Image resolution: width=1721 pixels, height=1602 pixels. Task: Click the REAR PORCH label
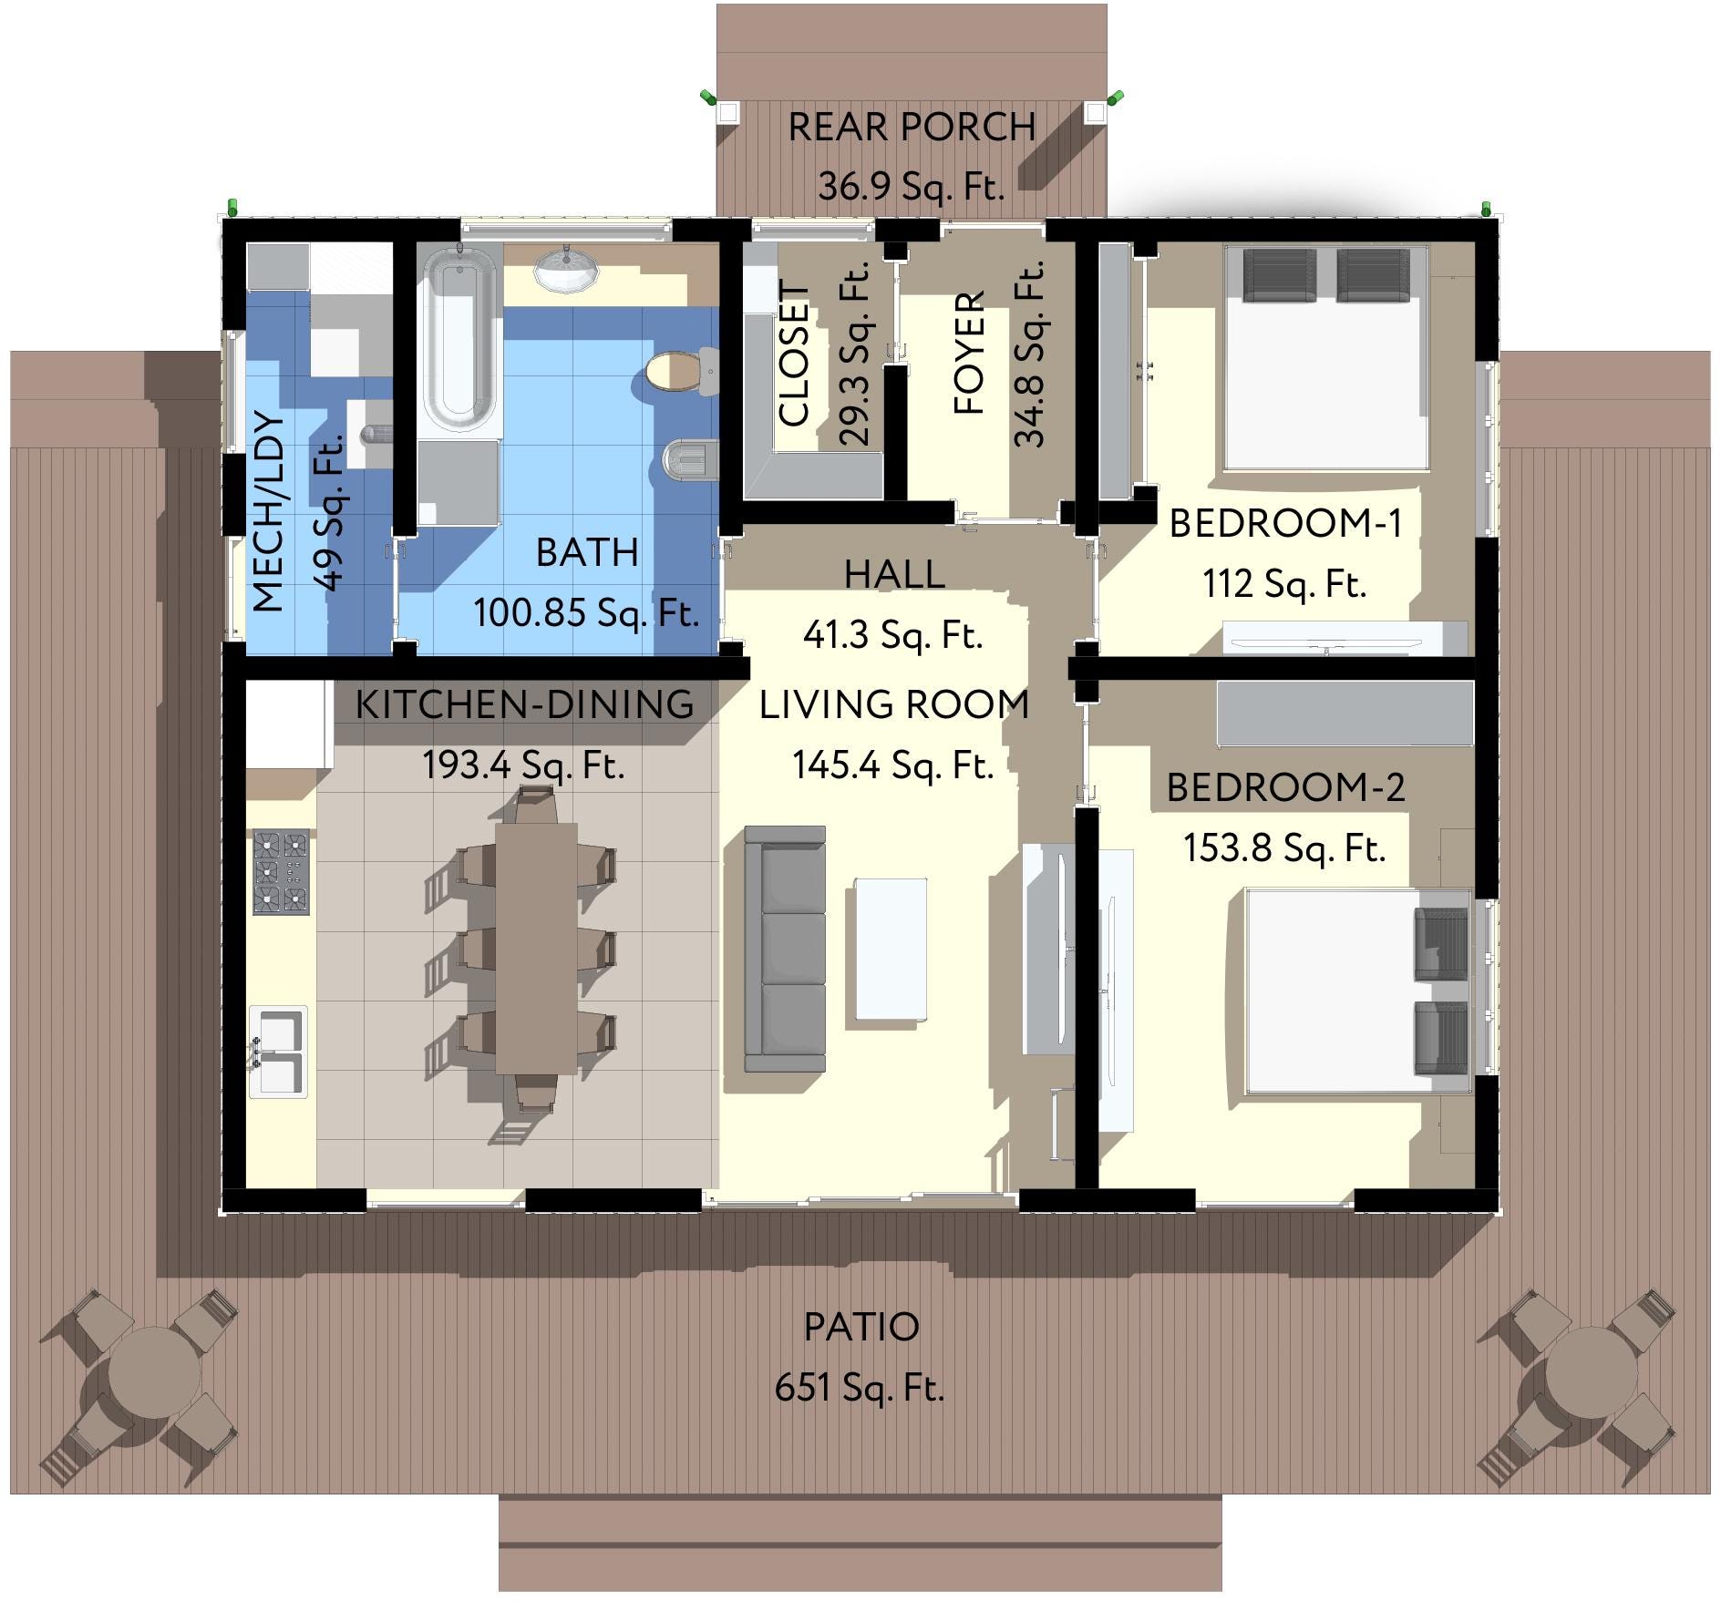911,127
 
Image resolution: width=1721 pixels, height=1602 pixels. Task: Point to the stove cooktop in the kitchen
281,872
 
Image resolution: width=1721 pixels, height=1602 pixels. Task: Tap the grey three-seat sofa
786,949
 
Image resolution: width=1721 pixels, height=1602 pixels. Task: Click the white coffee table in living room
891,949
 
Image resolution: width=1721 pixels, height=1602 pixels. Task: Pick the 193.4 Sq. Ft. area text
523,765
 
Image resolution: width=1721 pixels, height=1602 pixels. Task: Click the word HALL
893,575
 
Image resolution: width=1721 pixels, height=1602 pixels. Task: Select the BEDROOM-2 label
1285,788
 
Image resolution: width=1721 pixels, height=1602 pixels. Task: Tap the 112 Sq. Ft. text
1283,584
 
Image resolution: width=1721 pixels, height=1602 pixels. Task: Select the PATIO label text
860,1327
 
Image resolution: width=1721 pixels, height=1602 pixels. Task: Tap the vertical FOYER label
970,353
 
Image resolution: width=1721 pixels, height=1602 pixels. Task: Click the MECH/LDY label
268,512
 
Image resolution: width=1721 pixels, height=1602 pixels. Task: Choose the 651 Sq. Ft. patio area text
859,1388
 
